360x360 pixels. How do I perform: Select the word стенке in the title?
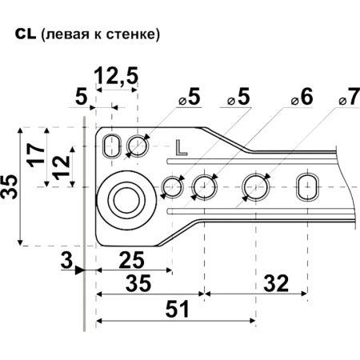[x=134, y=36]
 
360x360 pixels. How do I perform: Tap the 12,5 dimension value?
[x=116, y=77]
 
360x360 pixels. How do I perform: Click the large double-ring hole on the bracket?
[x=126, y=195]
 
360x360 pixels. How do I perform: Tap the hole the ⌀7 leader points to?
[x=257, y=186]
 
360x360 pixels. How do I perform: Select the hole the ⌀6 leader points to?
[x=204, y=186]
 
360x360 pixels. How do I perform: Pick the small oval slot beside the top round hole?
[x=115, y=145]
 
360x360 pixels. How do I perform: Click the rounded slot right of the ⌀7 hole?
[x=307, y=186]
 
